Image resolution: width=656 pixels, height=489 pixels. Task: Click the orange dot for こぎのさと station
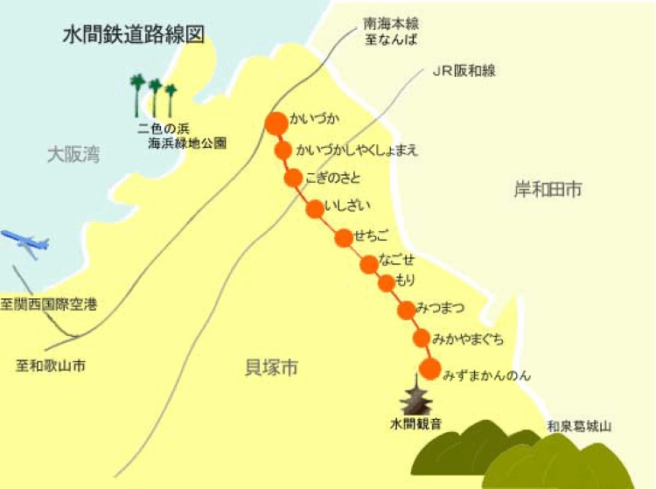pyautogui.click(x=293, y=178)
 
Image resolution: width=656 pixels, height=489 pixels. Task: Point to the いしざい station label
pyautogui.click(x=348, y=206)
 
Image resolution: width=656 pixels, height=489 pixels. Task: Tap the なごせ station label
pyautogui.click(x=397, y=261)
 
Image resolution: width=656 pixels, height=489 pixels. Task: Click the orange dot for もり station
pyautogui.click(x=387, y=283)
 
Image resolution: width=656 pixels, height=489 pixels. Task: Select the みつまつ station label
pyautogui.click(x=440, y=307)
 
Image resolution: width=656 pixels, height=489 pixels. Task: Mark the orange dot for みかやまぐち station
pyautogui.click(x=422, y=338)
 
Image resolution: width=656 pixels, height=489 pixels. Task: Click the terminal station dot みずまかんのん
pyautogui.click(x=429, y=367)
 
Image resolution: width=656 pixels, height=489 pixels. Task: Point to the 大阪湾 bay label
pyautogui.click(x=73, y=156)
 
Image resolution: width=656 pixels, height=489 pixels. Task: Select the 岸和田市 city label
pyautogui.click(x=548, y=190)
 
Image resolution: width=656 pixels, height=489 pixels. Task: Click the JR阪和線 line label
pyautogui.click(x=464, y=71)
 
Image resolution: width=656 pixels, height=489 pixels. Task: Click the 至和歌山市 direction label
pyautogui.click(x=52, y=364)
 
